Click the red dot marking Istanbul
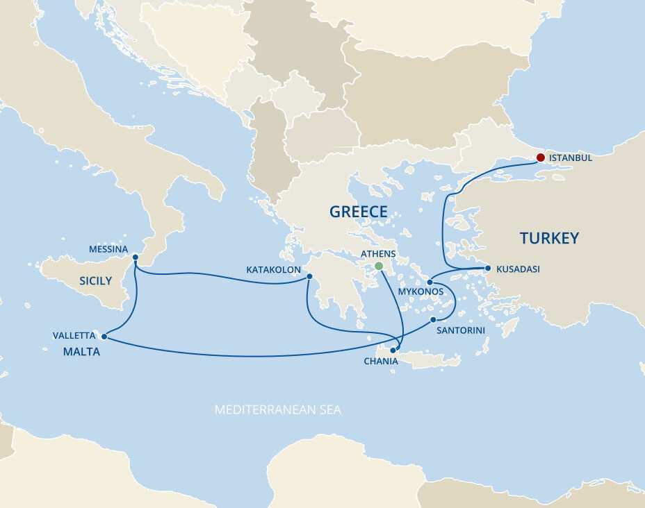pyautogui.click(x=540, y=157)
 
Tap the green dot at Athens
pyautogui.click(x=379, y=266)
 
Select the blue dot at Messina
pyautogui.click(x=135, y=257)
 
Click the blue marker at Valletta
pyautogui.click(x=104, y=337)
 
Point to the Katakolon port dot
pyautogui.click(x=309, y=278)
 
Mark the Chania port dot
pyautogui.click(x=393, y=349)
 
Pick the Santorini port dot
pyautogui.click(x=433, y=320)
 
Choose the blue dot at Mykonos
pyautogui.click(x=430, y=282)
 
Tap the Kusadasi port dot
pyautogui.click(x=488, y=268)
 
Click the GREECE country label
pyautogui.click(x=359, y=212)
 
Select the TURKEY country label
pyautogui.click(x=549, y=239)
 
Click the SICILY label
pyautogui.click(x=96, y=281)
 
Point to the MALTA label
pyautogui.click(x=81, y=352)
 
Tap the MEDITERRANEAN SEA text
pyautogui.click(x=277, y=409)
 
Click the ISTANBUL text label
pyautogui.click(x=571, y=158)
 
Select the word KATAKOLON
pyautogui.click(x=274, y=269)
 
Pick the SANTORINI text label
pyautogui.click(x=460, y=331)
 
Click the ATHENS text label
pyautogui.click(x=378, y=254)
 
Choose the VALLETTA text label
pyautogui.click(x=74, y=336)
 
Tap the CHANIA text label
pyautogui.click(x=381, y=362)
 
